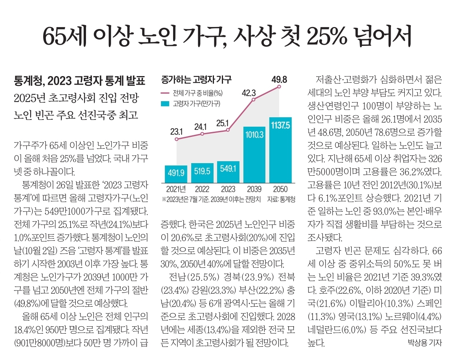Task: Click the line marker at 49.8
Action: (279, 86)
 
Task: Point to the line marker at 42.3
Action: (254, 100)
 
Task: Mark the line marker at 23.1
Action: (176, 139)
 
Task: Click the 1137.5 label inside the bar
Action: (280, 125)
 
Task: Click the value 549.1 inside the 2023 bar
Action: (228, 169)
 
